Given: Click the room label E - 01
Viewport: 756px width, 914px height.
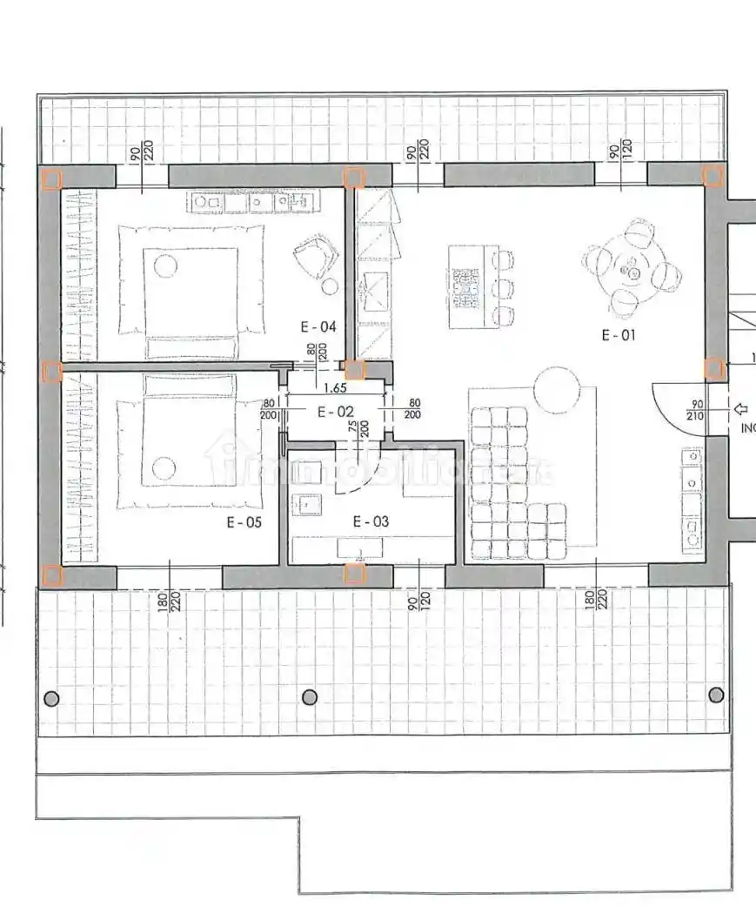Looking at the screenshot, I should [619, 334].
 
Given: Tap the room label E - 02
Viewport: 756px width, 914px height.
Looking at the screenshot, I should [335, 412].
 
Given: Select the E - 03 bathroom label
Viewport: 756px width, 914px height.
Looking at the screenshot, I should [371, 521].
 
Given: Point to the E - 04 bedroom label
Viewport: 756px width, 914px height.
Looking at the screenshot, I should [318, 327].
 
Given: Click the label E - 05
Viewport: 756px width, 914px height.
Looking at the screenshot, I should [244, 522].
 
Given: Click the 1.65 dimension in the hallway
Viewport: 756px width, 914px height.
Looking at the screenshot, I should [336, 390].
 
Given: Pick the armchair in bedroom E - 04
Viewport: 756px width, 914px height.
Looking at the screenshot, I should [315, 255].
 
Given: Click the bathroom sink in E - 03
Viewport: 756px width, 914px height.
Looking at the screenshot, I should [307, 502].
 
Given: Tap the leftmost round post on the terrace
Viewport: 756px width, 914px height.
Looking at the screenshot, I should [51, 697].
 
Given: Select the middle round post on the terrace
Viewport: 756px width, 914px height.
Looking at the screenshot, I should [310, 697].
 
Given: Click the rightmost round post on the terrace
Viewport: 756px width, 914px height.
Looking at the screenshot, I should [716, 695].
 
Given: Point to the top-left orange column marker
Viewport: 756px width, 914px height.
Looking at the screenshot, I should [51, 179].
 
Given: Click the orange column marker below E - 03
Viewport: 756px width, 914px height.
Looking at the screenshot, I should [354, 574].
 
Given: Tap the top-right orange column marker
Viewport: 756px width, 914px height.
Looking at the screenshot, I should [713, 177].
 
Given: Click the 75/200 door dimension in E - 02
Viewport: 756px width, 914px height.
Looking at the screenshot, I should [358, 427].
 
